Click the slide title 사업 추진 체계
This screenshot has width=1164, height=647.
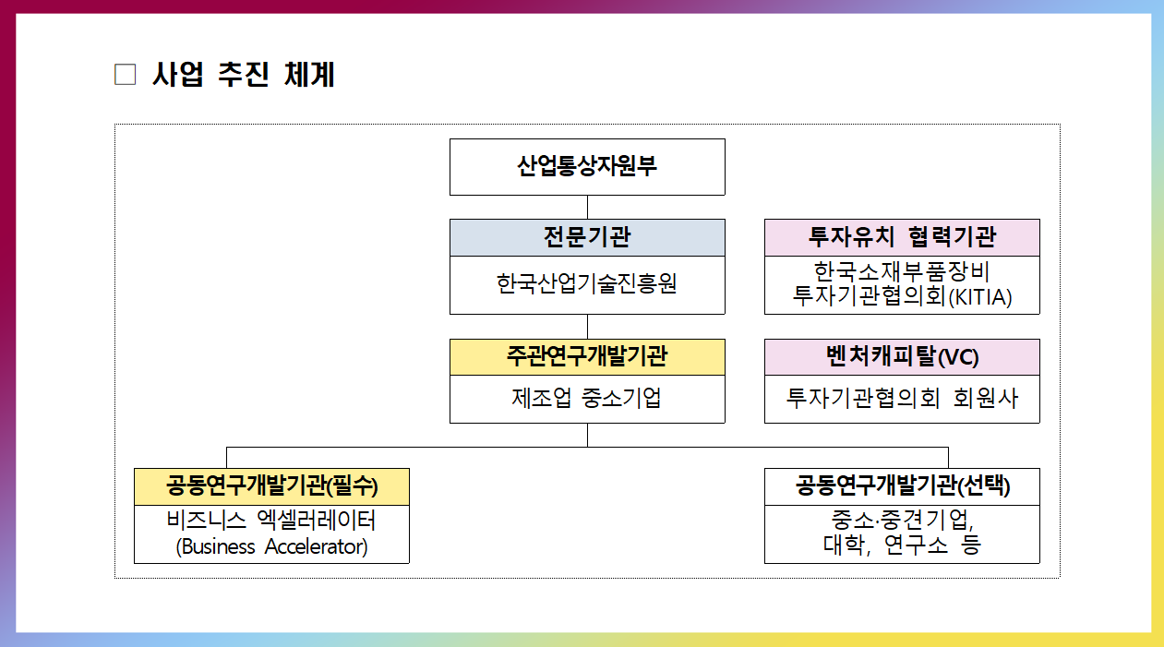pos(243,75)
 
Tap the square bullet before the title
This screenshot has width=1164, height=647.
pos(125,75)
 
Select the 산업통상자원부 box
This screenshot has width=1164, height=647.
pos(587,167)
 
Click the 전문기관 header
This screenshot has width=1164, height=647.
pos(587,237)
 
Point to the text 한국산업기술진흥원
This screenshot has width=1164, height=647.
pos(587,283)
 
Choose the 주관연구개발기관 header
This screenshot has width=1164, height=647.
pos(587,356)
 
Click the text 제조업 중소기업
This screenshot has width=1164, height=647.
pos(587,399)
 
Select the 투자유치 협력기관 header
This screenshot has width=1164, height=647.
pos(902,237)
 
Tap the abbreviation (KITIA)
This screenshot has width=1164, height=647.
pos(981,298)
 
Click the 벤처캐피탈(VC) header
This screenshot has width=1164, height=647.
pos(902,356)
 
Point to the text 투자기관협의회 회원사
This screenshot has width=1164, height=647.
pos(902,399)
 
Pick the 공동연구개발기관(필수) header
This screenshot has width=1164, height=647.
pos(271,485)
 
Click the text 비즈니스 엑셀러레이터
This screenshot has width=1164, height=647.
pos(271,520)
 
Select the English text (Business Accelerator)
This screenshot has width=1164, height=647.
pos(271,546)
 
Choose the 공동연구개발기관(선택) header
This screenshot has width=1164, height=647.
pos(902,485)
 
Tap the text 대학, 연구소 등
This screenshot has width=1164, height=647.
pos(902,545)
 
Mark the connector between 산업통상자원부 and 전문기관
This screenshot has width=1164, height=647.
pos(587,207)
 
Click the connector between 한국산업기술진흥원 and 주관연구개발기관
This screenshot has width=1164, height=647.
pos(587,326)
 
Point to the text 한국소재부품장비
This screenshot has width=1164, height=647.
pos(902,272)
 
